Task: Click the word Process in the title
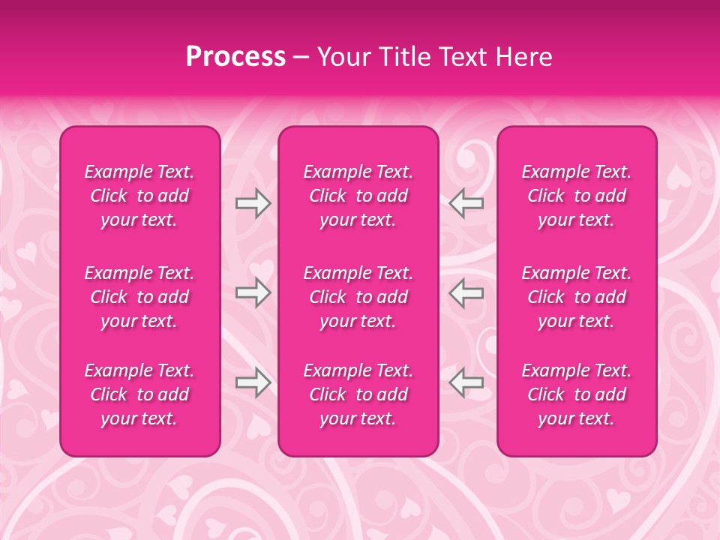click(235, 57)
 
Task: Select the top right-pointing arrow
click(253, 203)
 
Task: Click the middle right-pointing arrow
click(253, 292)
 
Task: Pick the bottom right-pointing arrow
click(253, 382)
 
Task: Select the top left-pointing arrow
click(466, 203)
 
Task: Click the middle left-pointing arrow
click(466, 292)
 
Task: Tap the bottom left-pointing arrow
click(466, 382)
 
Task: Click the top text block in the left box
click(139, 196)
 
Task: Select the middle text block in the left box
click(139, 297)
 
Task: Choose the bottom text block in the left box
click(139, 394)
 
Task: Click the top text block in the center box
click(358, 196)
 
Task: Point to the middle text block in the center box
click(358, 297)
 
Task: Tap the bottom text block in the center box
click(358, 394)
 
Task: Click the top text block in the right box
click(576, 196)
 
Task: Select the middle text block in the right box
click(576, 297)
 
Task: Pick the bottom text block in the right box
click(576, 394)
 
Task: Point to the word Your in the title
click(343, 57)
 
